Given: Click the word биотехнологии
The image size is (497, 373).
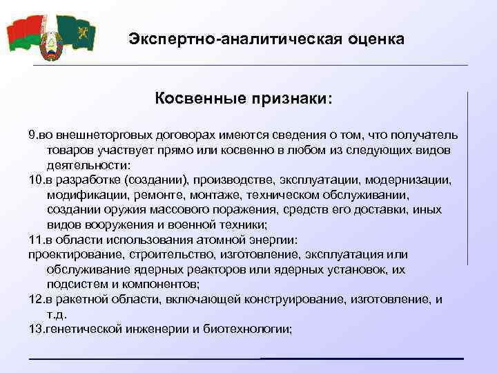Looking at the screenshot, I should (248, 329).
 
